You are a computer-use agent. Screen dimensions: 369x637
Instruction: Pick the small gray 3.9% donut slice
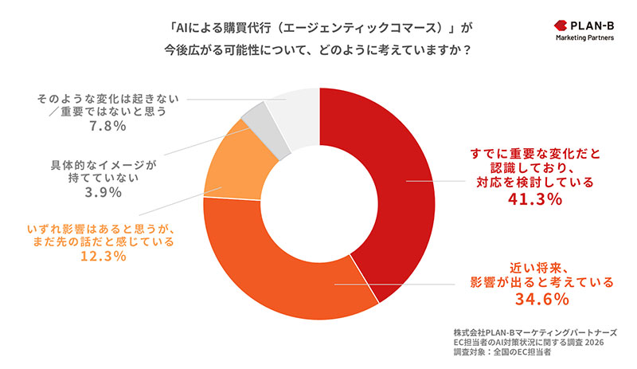(x=256, y=120)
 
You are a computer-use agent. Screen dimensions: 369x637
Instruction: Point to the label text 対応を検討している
(x=534, y=182)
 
